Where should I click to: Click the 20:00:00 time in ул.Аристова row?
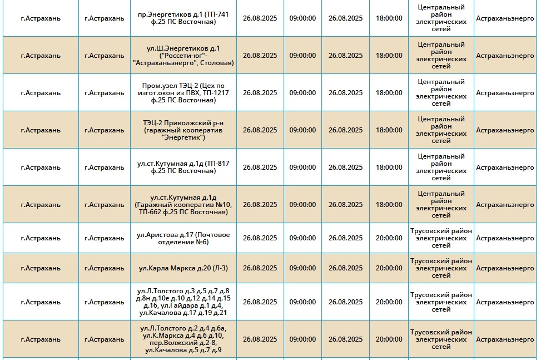point(389,238)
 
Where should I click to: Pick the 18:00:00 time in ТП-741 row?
point(389,18)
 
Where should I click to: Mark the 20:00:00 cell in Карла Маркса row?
point(389,268)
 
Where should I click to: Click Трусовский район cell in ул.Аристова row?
point(441,238)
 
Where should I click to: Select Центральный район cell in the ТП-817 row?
point(441,167)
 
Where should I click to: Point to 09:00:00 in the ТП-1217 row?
point(302,93)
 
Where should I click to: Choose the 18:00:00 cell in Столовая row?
point(389,56)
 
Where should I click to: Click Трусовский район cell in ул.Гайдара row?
point(441,302)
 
